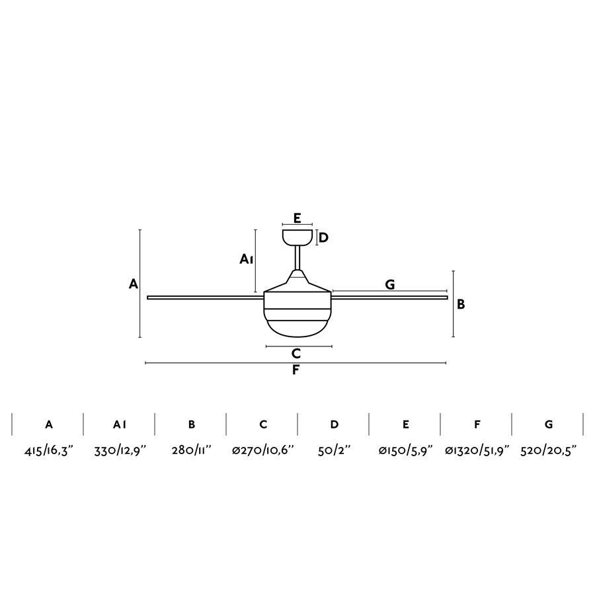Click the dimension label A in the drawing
(x=134, y=284)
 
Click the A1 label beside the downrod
(x=246, y=260)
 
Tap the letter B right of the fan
(x=461, y=304)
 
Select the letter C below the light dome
(x=296, y=354)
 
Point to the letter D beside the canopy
(x=323, y=237)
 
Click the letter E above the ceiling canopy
(x=297, y=218)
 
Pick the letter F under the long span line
(x=296, y=370)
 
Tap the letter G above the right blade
(x=389, y=284)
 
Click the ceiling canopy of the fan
(x=297, y=237)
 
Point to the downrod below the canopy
(x=297, y=258)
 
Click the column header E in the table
(x=405, y=424)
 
